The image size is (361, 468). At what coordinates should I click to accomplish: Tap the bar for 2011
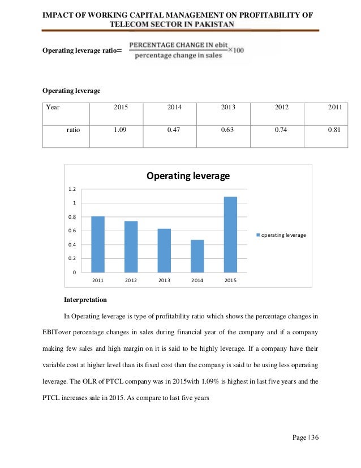point(98,244)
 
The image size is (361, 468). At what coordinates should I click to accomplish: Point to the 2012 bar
point(131,246)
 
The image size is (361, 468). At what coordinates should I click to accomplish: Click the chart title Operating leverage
point(188,176)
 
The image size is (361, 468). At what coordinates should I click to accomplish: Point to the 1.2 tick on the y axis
point(72,189)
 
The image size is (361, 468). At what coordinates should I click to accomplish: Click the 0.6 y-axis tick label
point(72,231)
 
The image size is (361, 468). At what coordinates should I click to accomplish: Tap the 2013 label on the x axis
point(164,280)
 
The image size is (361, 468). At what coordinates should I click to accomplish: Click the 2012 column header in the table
point(281,106)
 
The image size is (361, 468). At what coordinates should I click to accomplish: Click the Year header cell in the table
point(53,106)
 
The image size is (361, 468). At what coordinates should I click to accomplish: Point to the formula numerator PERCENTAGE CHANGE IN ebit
point(173,45)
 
